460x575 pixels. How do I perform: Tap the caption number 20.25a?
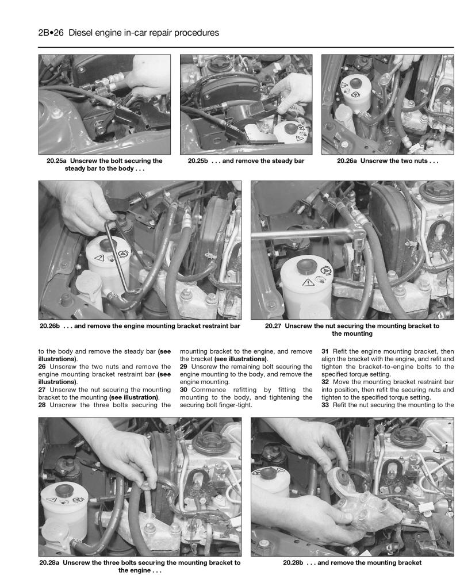click(x=59, y=161)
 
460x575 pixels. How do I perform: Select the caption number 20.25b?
click(x=200, y=161)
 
